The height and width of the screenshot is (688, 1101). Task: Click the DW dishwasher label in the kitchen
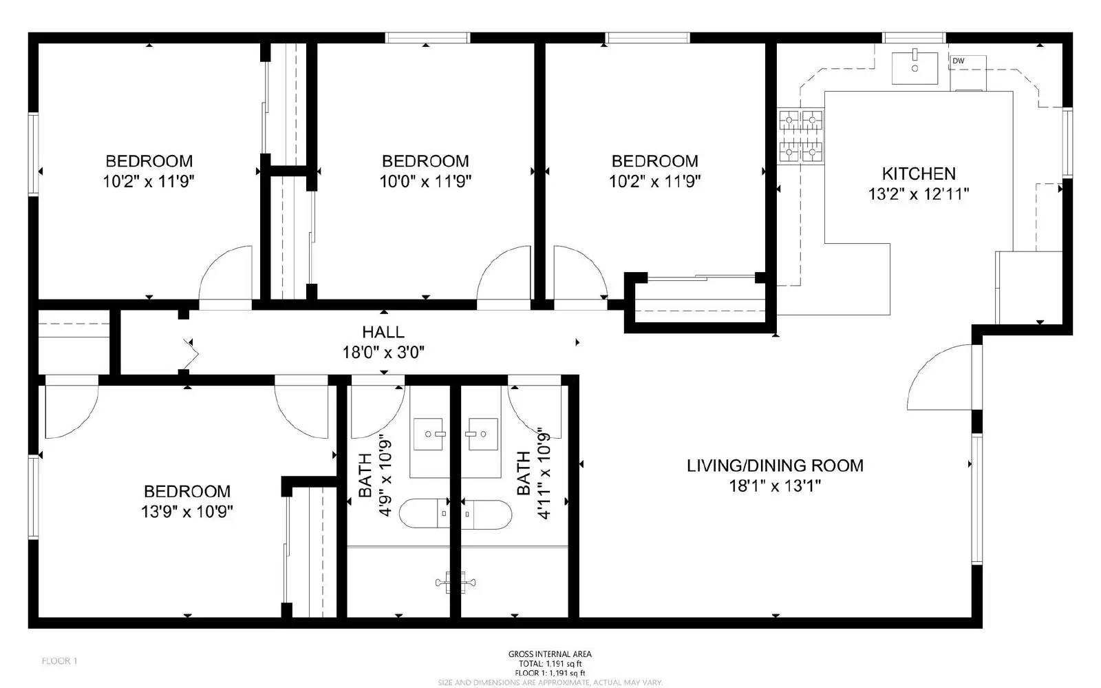click(958, 61)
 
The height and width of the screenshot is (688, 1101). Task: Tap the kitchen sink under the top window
click(915, 67)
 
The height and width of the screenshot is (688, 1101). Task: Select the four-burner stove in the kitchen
click(801, 136)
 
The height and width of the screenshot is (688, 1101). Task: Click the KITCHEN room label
click(919, 174)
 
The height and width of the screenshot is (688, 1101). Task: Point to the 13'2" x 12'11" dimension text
click(919, 194)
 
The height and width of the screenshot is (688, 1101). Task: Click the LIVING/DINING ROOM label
click(775, 466)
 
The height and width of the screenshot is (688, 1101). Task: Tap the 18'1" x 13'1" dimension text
click(775, 486)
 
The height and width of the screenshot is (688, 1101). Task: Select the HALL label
click(383, 333)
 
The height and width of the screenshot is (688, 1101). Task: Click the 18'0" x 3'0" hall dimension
click(383, 353)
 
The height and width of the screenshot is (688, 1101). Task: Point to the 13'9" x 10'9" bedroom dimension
click(186, 512)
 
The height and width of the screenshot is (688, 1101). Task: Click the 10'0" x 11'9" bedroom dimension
click(425, 182)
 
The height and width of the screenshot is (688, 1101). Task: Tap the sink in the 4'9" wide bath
click(429, 435)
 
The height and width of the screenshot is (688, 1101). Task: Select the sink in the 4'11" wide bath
click(482, 434)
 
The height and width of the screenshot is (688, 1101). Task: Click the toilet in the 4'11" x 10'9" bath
click(487, 514)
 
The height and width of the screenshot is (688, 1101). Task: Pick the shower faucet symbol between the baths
click(456, 582)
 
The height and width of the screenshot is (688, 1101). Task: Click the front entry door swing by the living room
click(939, 379)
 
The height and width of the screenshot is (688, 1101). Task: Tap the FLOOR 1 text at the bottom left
click(59, 661)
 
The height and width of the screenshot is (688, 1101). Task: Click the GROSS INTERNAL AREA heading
click(550, 654)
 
